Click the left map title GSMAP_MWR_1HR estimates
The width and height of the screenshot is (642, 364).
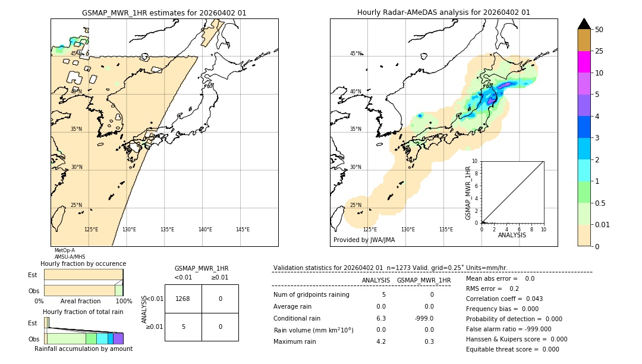click(164, 12)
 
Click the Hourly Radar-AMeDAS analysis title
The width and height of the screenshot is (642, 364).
click(443, 12)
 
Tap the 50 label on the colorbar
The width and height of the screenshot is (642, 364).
click(599, 30)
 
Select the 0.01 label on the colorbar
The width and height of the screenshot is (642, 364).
click(603, 224)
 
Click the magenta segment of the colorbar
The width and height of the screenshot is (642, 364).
click(584, 62)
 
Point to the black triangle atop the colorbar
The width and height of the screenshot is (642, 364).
click(584, 24)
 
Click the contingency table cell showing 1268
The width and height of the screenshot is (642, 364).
click(183, 299)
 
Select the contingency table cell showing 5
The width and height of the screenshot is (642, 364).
click(183, 327)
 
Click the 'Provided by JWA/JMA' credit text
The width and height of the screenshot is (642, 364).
click(364, 240)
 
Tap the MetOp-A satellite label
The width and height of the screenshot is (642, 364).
click(64, 250)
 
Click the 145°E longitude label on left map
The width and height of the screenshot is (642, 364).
click(243, 230)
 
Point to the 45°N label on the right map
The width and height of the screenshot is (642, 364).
click(355, 54)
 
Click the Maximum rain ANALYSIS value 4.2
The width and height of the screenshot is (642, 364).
click(381, 341)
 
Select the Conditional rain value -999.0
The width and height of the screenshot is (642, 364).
click(424, 318)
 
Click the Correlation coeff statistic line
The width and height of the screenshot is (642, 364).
click(504, 299)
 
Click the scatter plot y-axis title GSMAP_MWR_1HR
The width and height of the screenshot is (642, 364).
click(468, 193)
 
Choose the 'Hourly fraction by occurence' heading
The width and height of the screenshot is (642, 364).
click(83, 263)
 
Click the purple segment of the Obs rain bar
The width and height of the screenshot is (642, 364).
click(118, 338)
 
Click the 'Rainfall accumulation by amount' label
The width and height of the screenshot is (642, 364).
click(83, 349)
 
